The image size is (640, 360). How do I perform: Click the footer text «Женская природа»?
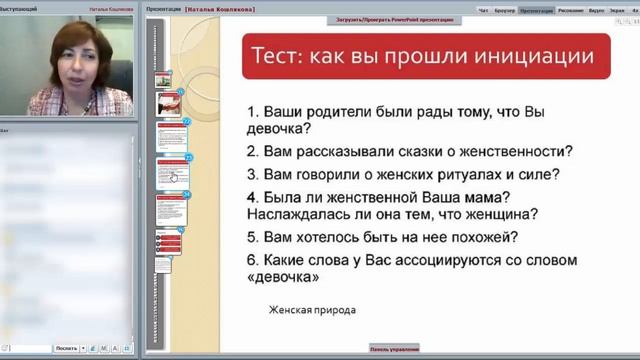click(311, 310)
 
